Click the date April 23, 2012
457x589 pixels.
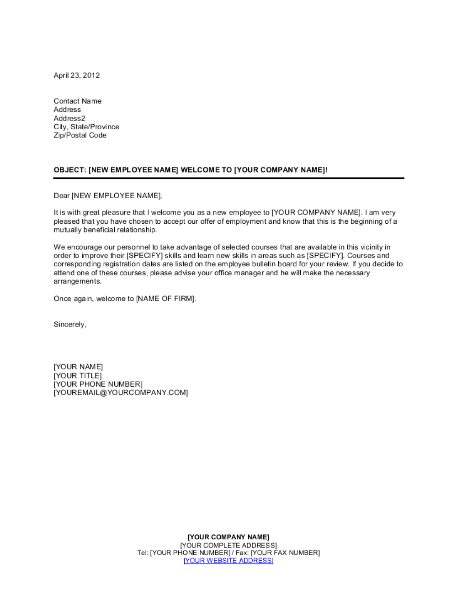(x=76, y=75)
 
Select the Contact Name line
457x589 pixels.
(x=77, y=101)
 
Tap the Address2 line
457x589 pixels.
(x=69, y=118)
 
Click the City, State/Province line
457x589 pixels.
(x=86, y=127)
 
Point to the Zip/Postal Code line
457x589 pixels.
(x=80, y=135)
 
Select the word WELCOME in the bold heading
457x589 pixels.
(x=200, y=170)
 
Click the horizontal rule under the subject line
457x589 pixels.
(x=228, y=178)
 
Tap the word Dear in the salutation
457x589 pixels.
(x=61, y=196)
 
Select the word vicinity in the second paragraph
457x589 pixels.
(x=374, y=247)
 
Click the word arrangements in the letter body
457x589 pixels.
(x=77, y=282)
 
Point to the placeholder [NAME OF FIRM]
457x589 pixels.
(x=165, y=299)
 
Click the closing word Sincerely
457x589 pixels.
(x=69, y=324)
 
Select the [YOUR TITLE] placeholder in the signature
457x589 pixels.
(x=78, y=376)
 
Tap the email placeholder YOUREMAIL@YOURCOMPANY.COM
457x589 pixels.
(x=121, y=393)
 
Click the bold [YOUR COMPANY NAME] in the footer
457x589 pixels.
(x=228, y=537)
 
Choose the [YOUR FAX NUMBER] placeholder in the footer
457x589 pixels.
(x=285, y=553)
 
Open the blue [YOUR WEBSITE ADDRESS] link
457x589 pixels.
(x=228, y=561)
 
